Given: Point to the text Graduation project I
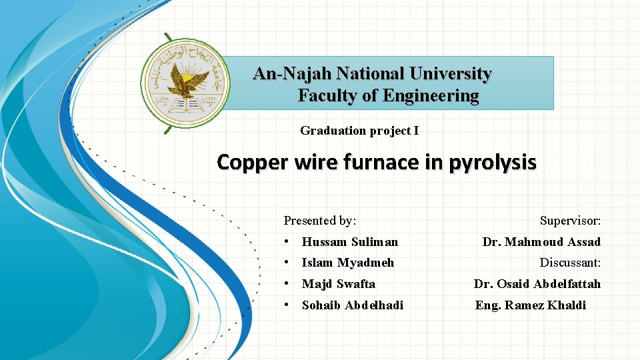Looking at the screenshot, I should click(359, 131).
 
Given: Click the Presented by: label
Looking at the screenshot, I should click(320, 221).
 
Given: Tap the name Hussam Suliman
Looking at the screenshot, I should click(349, 242).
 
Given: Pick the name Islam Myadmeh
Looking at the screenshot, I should click(347, 263).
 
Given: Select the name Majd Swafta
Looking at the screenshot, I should click(338, 284).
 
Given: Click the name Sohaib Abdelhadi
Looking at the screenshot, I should click(352, 305).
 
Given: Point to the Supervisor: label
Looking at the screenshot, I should click(570, 221).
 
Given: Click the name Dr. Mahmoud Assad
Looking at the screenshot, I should click(541, 242).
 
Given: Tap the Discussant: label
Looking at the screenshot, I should click(570, 263).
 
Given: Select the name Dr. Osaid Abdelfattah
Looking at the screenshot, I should click(537, 284).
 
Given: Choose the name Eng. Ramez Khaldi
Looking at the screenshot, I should click(530, 305).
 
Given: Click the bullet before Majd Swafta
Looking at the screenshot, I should click(285, 284).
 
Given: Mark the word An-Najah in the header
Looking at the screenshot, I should click(291, 73).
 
